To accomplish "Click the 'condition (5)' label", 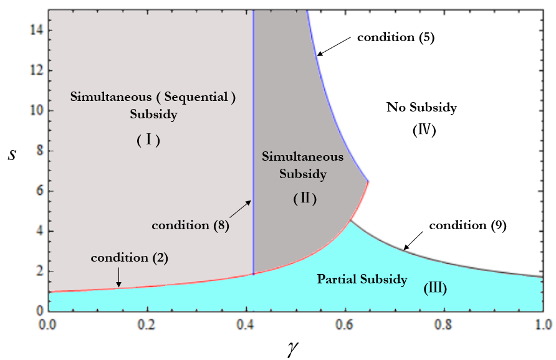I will click(395, 37).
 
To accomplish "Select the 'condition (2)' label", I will click(130, 257).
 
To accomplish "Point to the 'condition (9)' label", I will click(467, 225).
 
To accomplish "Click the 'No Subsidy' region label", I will click(421, 108).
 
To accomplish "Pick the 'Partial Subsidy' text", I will click(362, 279).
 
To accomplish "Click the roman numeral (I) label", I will click(148, 141).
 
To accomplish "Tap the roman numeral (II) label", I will click(305, 199).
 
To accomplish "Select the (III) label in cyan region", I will click(435, 288).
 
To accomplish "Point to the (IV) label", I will click(423, 131).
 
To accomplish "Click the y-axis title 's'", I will click(12, 153).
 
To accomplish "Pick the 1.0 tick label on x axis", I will click(542, 324).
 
